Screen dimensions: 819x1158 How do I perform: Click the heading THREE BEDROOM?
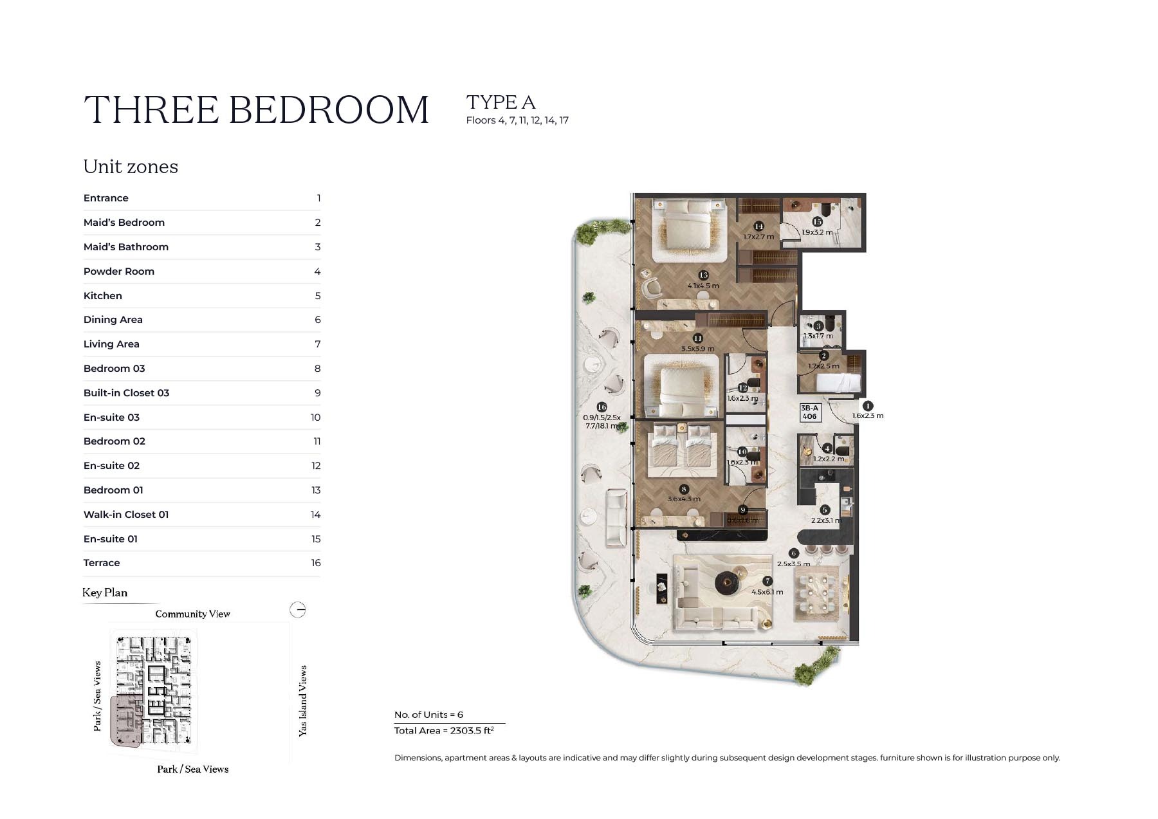tap(256, 109)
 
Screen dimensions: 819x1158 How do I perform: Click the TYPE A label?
tap(501, 102)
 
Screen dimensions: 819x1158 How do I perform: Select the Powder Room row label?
tap(118, 271)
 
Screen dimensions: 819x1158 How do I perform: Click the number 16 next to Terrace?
tap(315, 563)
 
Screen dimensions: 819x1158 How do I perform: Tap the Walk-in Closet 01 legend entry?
tap(125, 515)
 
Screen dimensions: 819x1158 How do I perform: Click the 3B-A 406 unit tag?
tap(809, 412)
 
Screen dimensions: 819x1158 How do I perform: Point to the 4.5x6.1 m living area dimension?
tap(767, 592)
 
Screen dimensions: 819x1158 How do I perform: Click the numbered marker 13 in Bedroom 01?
tap(703, 275)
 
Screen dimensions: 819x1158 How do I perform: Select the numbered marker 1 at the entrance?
tap(867, 406)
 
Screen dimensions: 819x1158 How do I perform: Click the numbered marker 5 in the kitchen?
tap(825, 510)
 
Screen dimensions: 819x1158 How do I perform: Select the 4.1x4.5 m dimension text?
tap(703, 286)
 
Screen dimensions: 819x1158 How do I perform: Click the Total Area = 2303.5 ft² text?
tap(444, 731)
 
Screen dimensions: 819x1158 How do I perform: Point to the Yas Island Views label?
tap(303, 701)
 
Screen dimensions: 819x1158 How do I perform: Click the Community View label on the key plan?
tap(192, 614)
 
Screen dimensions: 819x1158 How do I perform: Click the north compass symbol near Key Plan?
tap(298, 610)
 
